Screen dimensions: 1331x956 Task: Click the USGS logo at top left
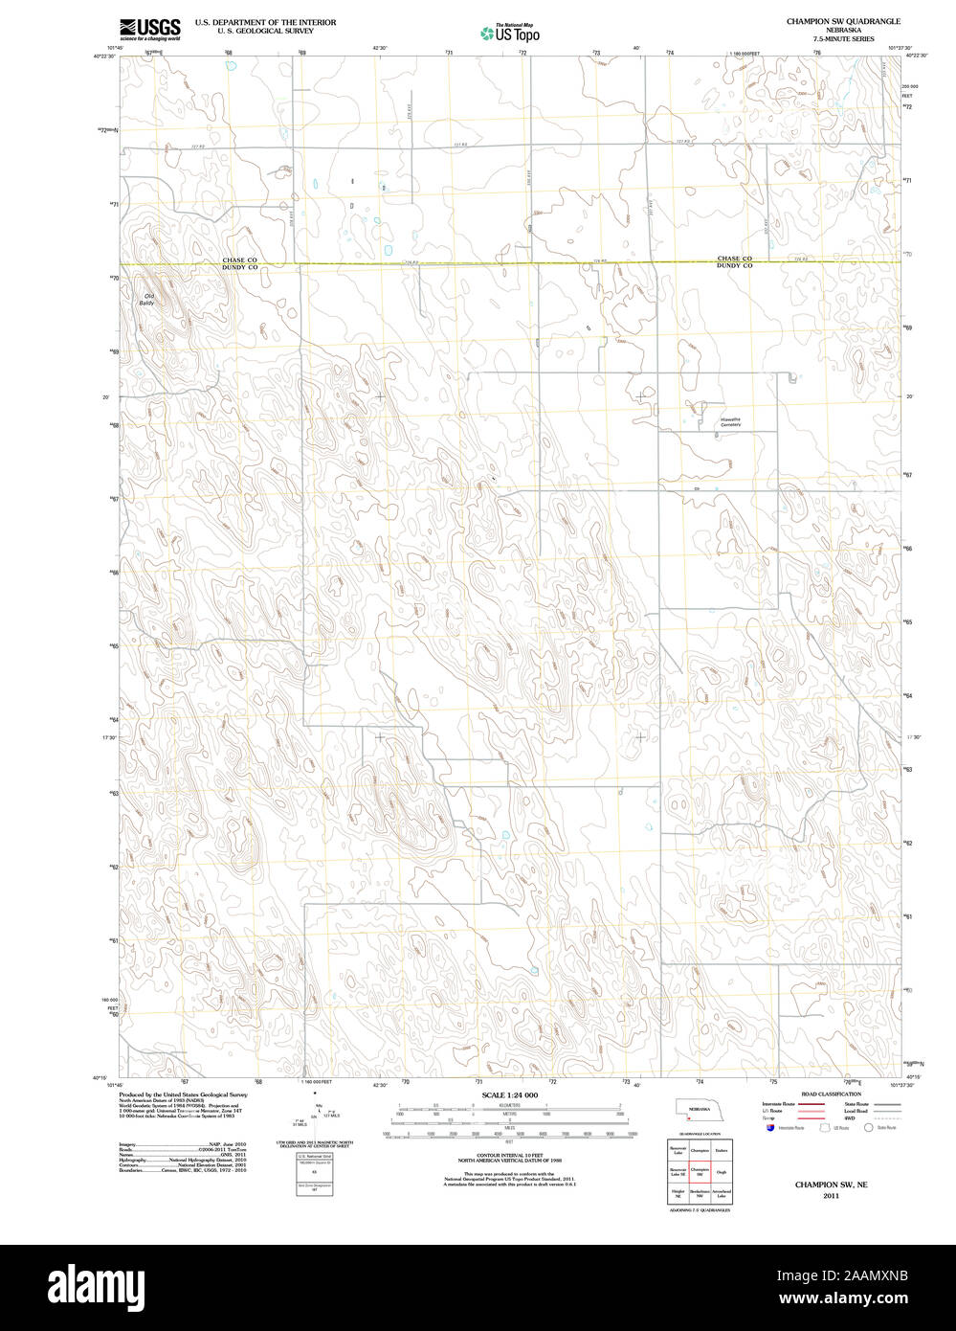click(150, 29)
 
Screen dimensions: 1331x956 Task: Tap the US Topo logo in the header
click(510, 34)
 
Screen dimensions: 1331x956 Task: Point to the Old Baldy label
click(149, 300)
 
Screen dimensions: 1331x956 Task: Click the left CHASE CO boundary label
click(239, 259)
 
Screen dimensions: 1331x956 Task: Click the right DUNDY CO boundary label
click(734, 265)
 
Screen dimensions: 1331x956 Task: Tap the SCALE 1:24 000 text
click(509, 1094)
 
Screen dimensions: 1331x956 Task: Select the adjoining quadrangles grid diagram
click(700, 1171)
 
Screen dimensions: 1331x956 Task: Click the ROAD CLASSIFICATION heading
click(831, 1094)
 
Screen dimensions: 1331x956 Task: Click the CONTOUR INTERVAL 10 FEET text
click(509, 1155)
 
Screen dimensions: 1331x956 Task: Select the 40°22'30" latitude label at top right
click(919, 56)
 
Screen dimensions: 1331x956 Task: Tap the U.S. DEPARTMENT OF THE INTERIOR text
click(265, 21)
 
